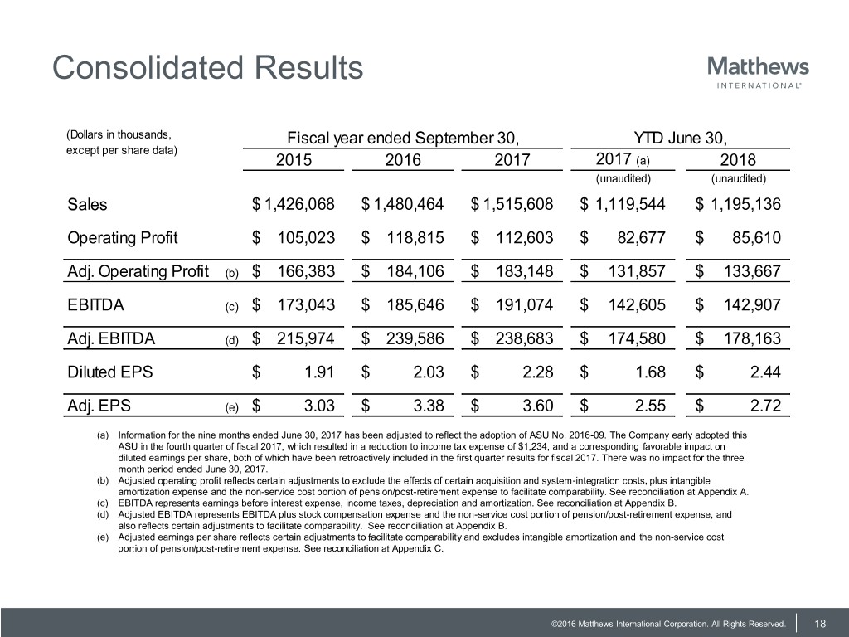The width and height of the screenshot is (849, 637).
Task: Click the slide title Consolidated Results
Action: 207,67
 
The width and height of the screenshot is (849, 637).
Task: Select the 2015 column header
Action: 294,159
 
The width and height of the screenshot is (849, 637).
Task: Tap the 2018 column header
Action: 737,159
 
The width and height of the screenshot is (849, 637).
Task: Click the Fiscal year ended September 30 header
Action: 403,137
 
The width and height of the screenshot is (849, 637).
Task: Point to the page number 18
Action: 821,623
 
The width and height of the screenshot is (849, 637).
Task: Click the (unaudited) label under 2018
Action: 738,178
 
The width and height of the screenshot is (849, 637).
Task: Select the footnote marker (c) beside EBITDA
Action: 232,307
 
